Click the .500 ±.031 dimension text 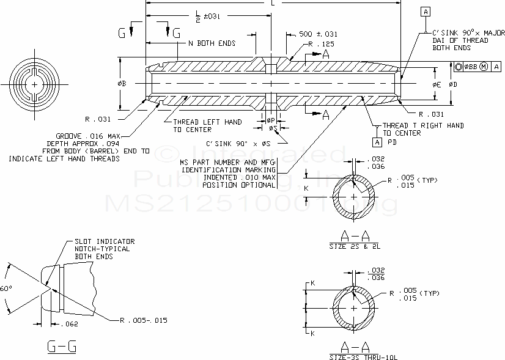pos(317,34)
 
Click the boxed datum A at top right pos(426,12)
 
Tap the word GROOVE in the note pos(70,135)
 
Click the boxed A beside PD pos(377,142)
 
